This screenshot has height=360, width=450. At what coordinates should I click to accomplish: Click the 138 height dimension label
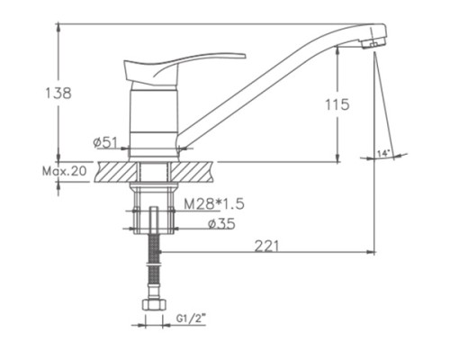tap(58, 93)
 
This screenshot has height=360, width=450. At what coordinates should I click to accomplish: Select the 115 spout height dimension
tap(337, 104)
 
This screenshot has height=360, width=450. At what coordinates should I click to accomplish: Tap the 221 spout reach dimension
tap(266, 246)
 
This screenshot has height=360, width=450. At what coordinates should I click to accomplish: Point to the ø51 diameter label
tap(104, 142)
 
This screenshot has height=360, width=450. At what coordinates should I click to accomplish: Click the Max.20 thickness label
tap(65, 171)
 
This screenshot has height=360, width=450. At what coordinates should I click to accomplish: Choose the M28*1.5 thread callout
tap(214, 204)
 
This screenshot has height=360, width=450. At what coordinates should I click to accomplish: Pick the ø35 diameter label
tap(221, 224)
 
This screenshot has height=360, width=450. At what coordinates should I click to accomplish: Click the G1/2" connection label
tap(191, 319)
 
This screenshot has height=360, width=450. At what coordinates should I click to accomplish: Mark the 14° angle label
tap(383, 153)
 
